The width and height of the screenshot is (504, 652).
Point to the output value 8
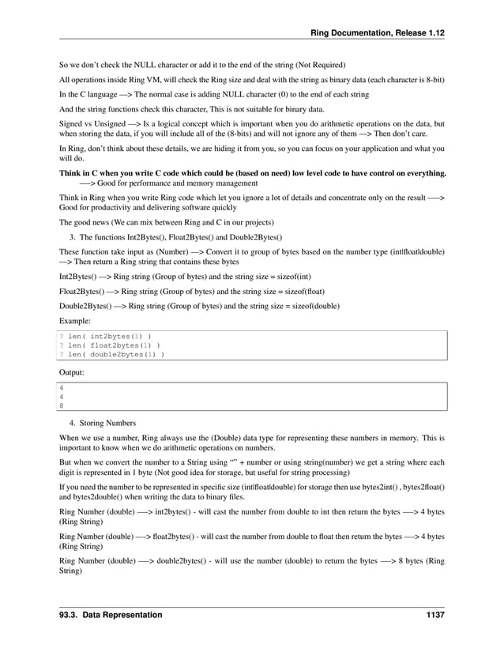[x=62, y=406]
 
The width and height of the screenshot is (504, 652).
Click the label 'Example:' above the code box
[x=75, y=321]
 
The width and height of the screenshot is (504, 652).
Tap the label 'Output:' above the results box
[x=73, y=371]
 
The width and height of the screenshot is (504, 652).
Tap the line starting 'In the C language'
[x=213, y=94]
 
